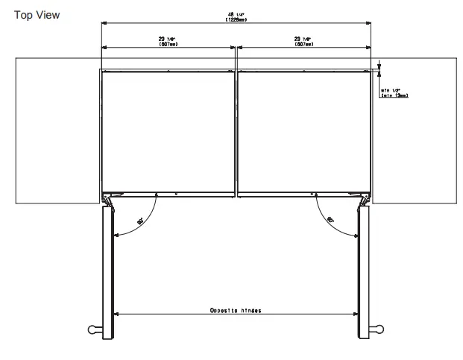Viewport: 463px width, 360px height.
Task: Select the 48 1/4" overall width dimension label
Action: pyautogui.click(x=236, y=17)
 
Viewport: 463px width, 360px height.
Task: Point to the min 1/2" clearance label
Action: pyautogui.click(x=394, y=92)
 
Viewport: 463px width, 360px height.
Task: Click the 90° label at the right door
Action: pyautogui.click(x=330, y=220)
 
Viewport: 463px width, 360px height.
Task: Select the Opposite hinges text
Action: pyautogui.click(x=236, y=309)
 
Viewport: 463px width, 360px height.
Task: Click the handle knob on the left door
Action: pyautogui.click(x=93, y=328)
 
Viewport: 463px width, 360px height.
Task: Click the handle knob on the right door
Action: pyautogui.click(x=379, y=328)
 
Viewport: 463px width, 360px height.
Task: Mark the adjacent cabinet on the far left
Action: pyautogui.click(x=57, y=130)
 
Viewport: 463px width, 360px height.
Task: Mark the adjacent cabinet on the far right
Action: pyautogui.click(x=415, y=130)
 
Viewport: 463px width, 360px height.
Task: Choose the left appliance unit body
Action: pyautogui.click(x=168, y=130)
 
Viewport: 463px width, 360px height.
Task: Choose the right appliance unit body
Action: pyautogui.click(x=304, y=130)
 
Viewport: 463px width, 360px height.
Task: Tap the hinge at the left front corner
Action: pyautogui.click(x=109, y=200)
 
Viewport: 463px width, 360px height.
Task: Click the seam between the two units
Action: pyautogui.click(x=236, y=130)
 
